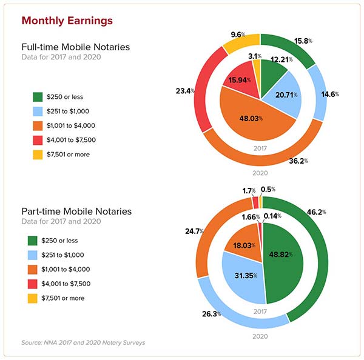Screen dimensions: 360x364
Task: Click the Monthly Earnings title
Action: (67, 21)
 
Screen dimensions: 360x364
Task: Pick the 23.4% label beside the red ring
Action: (184, 91)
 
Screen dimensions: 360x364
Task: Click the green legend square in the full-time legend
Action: (39, 96)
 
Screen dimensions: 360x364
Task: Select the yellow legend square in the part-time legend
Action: (39, 298)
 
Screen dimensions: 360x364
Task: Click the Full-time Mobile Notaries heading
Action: (75, 47)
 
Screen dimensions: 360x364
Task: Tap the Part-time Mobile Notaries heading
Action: (76, 212)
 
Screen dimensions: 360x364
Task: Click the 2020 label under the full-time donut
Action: (261, 173)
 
